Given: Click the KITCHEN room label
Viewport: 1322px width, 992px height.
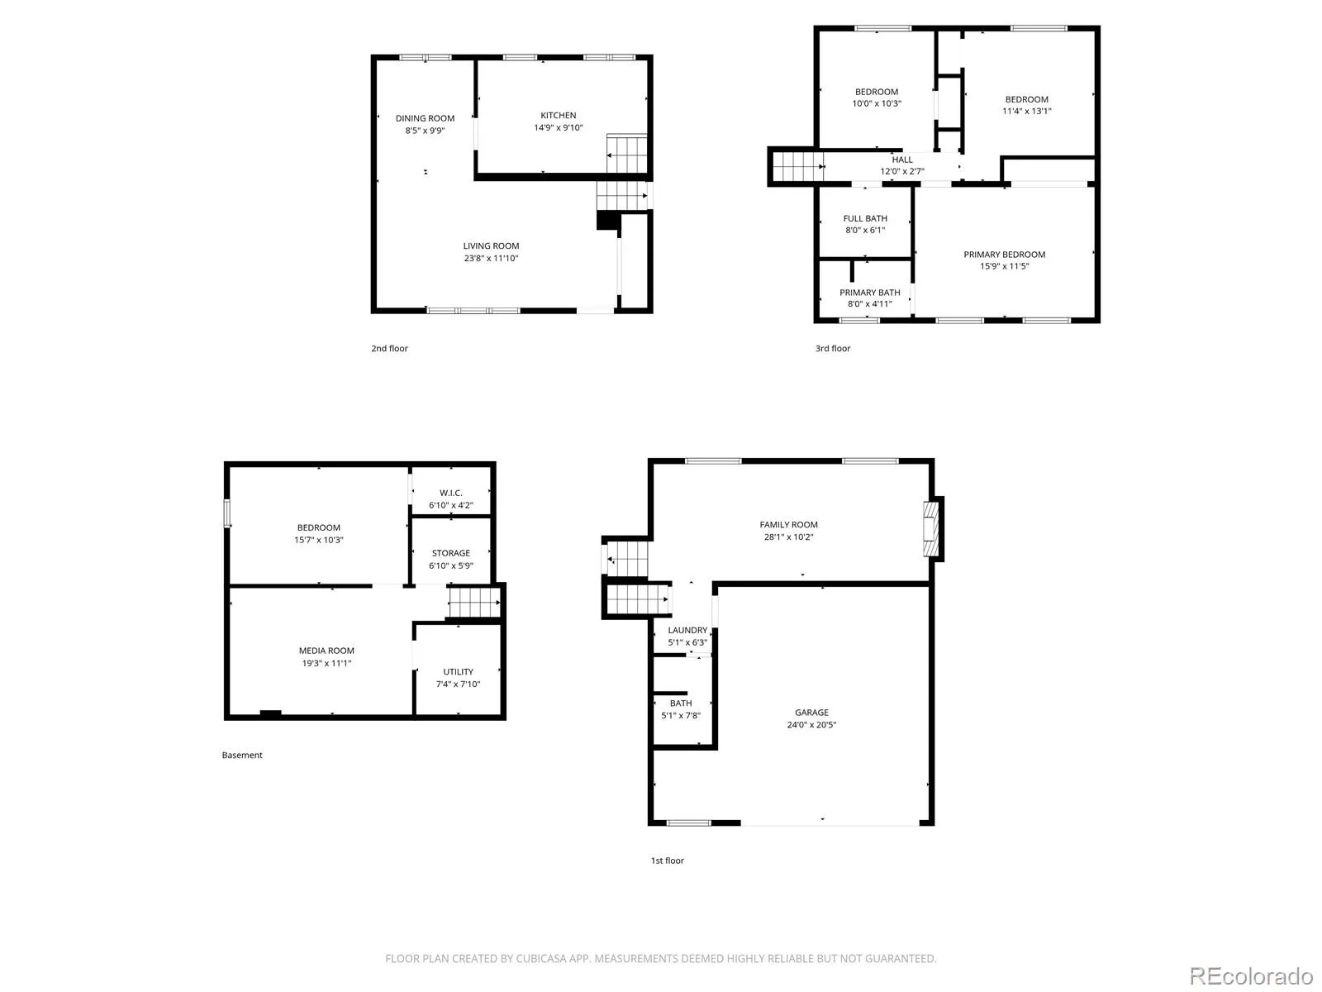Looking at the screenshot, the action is coord(558,115).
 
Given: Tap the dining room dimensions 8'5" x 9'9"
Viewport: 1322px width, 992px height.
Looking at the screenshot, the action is coord(425,130).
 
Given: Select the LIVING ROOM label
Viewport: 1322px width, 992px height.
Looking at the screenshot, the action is coord(490,246).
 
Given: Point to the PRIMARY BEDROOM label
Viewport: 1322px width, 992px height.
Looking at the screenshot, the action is coord(1004,254).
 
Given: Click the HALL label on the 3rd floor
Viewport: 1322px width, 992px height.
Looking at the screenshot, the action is coord(901,160).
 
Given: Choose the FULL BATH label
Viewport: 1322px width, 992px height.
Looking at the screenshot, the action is coord(865,218).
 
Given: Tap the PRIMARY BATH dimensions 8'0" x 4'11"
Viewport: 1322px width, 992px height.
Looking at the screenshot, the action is coord(870,303).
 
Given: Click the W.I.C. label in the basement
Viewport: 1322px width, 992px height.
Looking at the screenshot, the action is coord(450,493).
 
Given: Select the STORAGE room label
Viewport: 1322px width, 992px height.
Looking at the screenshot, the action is coord(450,553).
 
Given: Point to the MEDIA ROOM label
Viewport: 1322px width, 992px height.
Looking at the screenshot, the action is coord(326,651).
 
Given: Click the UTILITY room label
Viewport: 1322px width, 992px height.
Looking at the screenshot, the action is coord(458,671).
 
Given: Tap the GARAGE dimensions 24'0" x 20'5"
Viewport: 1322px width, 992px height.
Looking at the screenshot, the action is coord(811,725).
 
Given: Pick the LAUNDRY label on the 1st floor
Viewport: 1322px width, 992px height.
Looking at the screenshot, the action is coord(687,630).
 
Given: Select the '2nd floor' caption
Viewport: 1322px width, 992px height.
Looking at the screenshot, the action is coord(389,348).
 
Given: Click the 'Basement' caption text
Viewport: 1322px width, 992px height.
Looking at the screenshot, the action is coord(242,755).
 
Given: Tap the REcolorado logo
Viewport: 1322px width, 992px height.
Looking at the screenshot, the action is coord(1251,975).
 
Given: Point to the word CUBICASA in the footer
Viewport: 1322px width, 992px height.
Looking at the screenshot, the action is coord(540,958).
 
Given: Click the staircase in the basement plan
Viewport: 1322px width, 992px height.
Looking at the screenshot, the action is coord(474,603).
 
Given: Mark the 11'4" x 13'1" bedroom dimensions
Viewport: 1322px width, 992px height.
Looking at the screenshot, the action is coord(1026,111).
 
